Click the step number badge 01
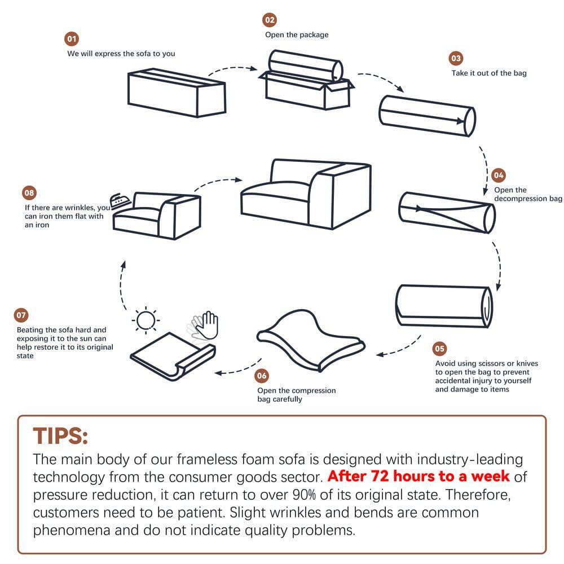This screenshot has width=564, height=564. [72, 39]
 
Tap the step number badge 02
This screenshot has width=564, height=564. [270, 20]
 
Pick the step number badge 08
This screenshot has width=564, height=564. [29, 193]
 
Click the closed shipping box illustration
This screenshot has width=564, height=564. [177, 94]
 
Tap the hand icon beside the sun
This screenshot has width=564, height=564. [205, 325]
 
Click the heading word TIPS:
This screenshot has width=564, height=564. [60, 436]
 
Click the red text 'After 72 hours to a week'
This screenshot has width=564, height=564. [418, 476]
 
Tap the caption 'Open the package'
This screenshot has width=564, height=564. [297, 34]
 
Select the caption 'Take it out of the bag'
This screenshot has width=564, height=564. [488, 73]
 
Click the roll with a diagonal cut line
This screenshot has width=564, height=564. [447, 212]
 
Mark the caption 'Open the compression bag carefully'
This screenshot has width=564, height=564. [296, 395]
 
